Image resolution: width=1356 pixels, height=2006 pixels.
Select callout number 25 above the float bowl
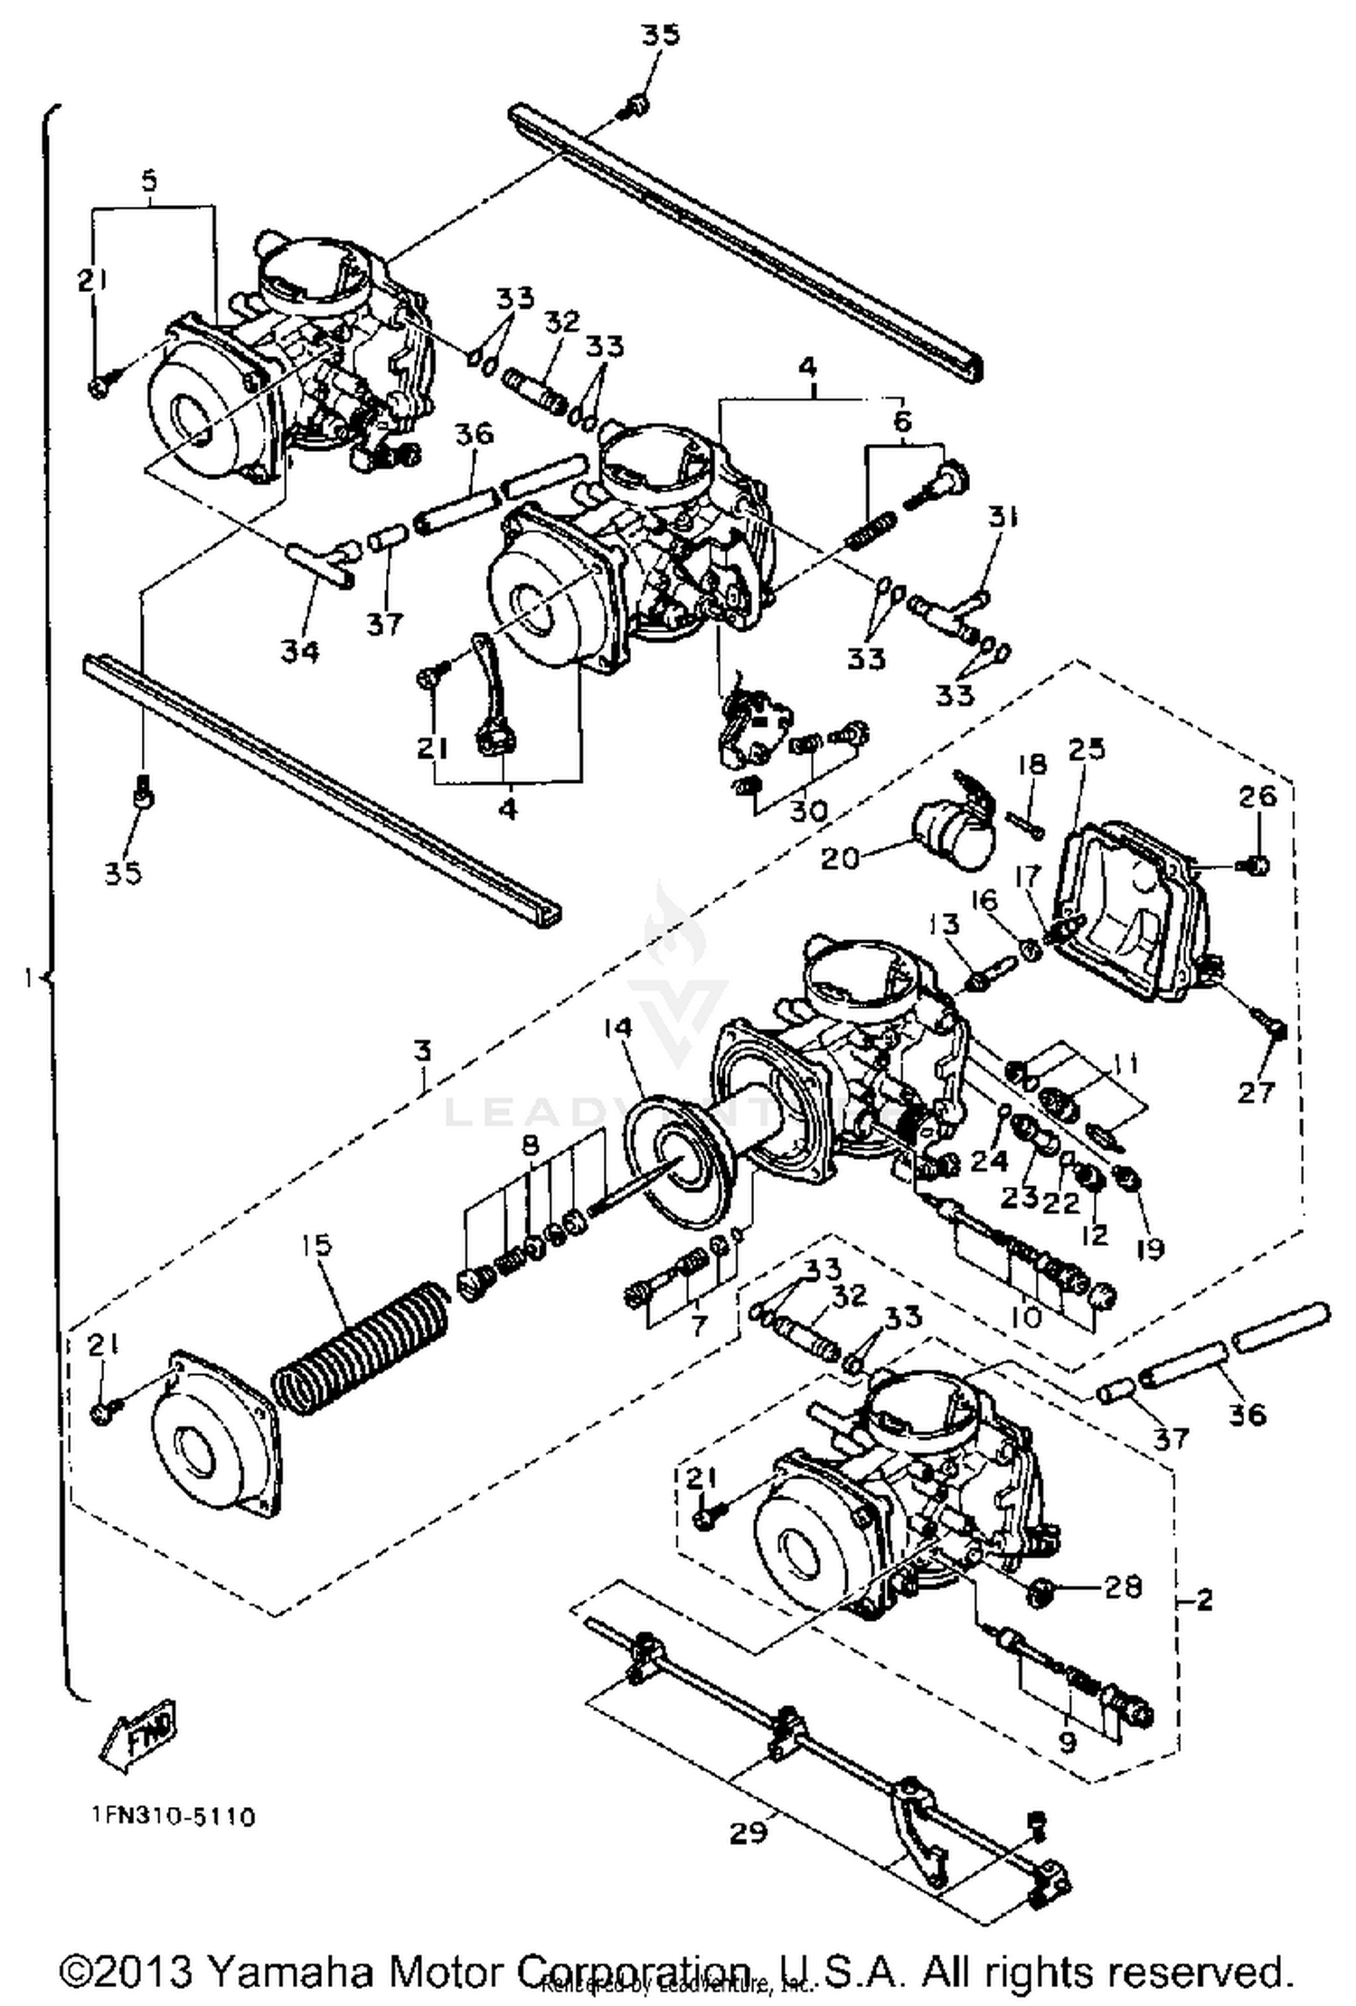point(1087,749)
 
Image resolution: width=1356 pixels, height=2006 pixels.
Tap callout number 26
point(1258,796)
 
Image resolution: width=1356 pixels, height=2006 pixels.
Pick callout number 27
point(1256,1093)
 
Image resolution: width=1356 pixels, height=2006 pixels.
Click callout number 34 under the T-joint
point(299,650)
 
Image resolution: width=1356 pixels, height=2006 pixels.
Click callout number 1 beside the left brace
point(31,977)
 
